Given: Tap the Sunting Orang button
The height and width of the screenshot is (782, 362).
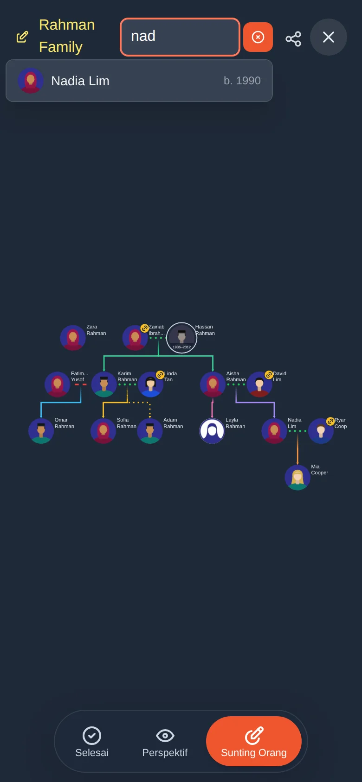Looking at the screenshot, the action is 253,741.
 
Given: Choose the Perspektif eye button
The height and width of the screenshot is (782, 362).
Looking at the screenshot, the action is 165,741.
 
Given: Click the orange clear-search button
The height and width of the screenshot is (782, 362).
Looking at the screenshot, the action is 258,37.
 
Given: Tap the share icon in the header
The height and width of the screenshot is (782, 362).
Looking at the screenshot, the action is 293,39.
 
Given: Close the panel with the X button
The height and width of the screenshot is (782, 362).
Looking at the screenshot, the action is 329,37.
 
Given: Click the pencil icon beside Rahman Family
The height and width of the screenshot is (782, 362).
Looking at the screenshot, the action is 22,37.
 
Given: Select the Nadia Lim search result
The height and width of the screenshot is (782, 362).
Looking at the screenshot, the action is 139,81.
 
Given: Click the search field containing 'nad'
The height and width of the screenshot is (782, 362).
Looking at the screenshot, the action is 180,37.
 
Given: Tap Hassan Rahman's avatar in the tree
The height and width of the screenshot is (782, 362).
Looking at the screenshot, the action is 181,338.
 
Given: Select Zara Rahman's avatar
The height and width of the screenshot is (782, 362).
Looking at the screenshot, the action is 73,338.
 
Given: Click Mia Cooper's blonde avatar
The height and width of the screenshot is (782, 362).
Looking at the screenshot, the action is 297,477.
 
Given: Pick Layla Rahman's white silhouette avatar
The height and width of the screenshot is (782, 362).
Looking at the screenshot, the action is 212,431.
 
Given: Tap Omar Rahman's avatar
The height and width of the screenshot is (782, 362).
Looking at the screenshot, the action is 41,431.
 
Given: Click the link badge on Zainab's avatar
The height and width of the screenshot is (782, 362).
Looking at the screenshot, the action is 144,328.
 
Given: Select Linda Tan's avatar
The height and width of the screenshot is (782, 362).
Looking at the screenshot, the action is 150,384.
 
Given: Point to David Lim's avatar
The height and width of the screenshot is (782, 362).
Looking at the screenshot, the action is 259,384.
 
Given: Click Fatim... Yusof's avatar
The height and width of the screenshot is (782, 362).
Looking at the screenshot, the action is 58,384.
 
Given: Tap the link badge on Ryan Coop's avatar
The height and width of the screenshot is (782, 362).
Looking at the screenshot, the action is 330,422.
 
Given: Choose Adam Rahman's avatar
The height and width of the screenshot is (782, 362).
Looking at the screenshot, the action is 150,431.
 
